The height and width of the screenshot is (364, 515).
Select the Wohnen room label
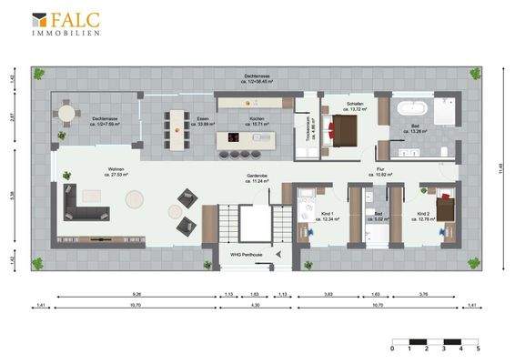pyautogui.click(x=116, y=171)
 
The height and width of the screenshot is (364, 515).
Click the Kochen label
pyautogui.click(x=257, y=120)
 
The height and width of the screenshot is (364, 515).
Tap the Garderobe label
pyautogui.click(x=257, y=178)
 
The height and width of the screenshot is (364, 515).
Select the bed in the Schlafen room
pyautogui.click(x=348, y=134)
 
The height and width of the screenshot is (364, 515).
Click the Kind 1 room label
pyautogui.click(x=327, y=217)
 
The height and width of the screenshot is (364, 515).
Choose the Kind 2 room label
pyautogui.click(x=423, y=217)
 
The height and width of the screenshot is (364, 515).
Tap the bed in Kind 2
pyautogui.click(x=446, y=209)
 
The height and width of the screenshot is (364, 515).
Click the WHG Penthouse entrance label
pyautogui.click(x=246, y=255)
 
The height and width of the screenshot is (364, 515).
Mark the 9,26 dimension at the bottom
pyautogui.click(x=136, y=294)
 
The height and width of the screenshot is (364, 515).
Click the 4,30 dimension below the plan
pyautogui.click(x=256, y=306)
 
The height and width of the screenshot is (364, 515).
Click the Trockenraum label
pyautogui.click(x=311, y=133)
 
